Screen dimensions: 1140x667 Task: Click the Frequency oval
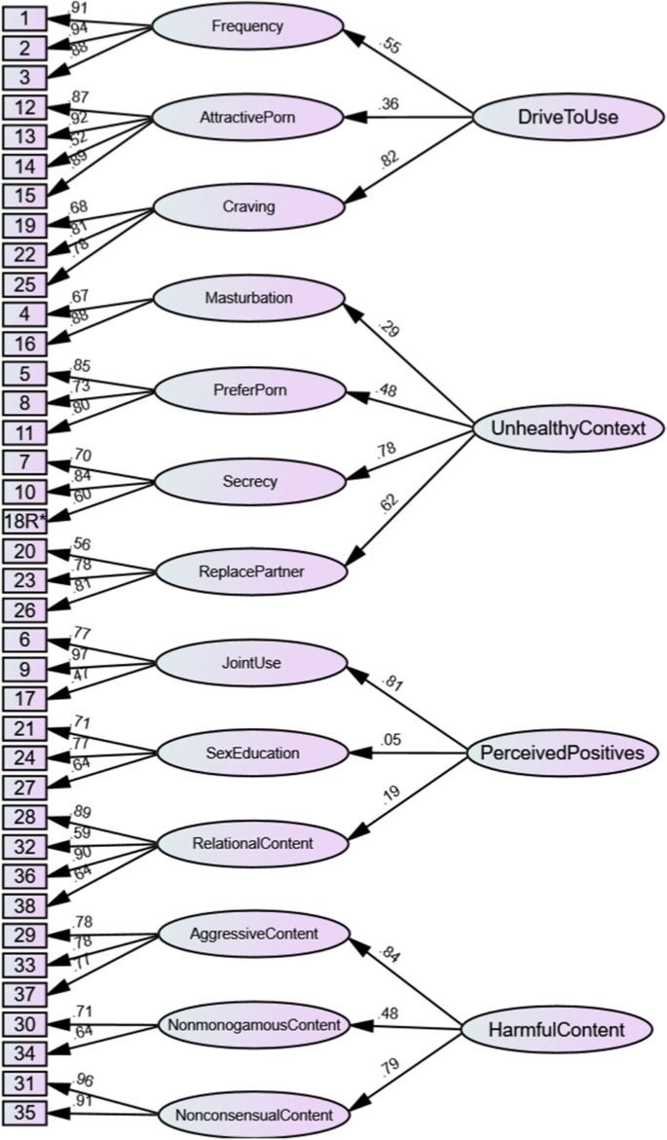tap(247, 27)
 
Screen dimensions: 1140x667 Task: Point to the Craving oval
tap(247, 206)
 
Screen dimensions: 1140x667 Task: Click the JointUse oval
tap(250, 664)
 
